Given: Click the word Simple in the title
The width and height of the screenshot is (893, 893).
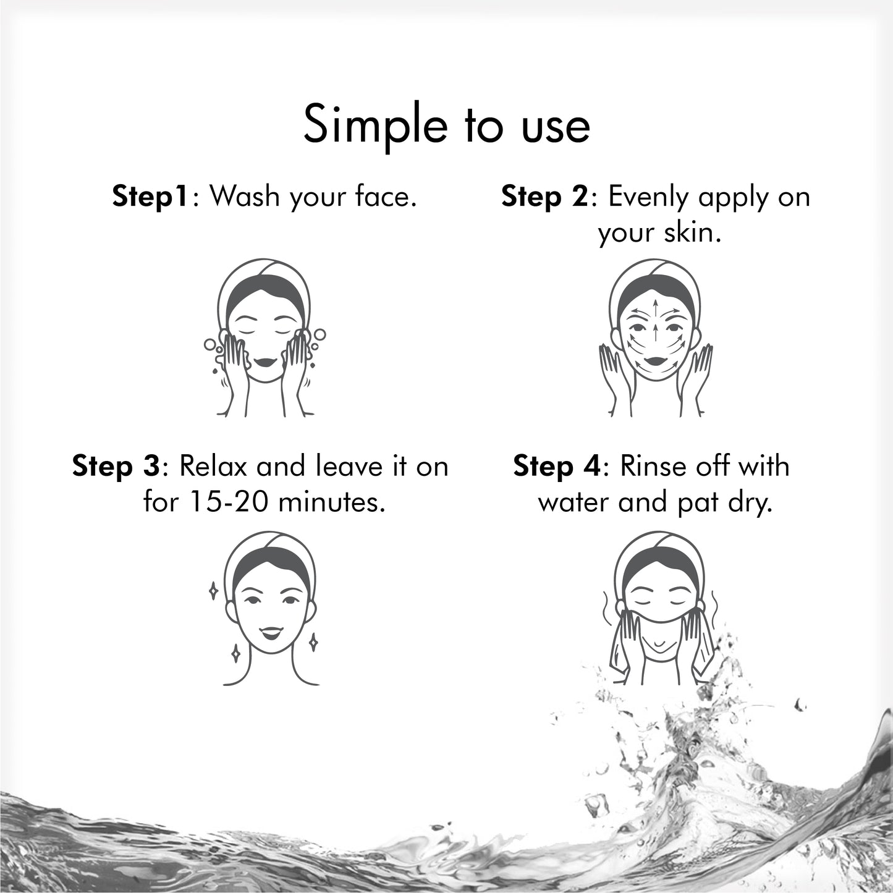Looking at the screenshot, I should (x=375, y=125).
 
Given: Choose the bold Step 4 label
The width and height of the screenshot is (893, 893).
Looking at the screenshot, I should (x=556, y=466).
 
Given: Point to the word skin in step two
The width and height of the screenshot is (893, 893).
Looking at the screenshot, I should (x=695, y=233).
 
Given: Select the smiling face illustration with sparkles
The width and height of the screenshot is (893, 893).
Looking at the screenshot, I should (x=271, y=609).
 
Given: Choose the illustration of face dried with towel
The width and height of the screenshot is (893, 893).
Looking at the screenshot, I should (x=659, y=609).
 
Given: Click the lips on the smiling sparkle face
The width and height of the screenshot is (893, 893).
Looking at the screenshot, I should (x=271, y=632).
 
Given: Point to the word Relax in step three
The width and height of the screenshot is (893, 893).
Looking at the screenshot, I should (x=214, y=466).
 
